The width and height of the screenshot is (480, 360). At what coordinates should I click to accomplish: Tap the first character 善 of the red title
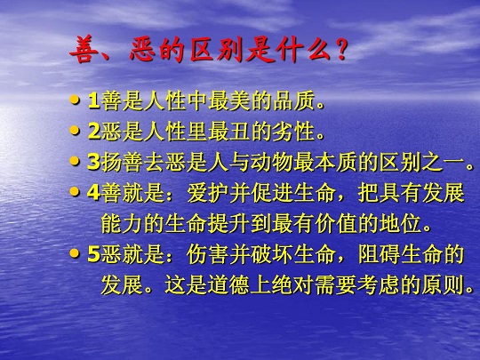(83, 50)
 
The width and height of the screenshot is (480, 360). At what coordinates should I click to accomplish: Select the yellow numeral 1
(93, 100)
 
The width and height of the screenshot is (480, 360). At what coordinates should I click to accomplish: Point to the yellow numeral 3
(93, 162)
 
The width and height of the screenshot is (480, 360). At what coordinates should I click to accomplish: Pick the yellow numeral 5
(93, 255)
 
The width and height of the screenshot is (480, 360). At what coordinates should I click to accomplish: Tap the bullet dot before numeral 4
(75, 192)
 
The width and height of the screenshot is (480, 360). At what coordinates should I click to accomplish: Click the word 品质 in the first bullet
(294, 100)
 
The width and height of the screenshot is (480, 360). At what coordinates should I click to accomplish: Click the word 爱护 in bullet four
(207, 193)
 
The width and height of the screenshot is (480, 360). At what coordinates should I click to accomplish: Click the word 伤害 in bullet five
(207, 255)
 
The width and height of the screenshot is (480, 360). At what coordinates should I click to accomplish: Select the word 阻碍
(379, 255)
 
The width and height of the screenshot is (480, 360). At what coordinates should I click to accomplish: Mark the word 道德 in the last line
(229, 285)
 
